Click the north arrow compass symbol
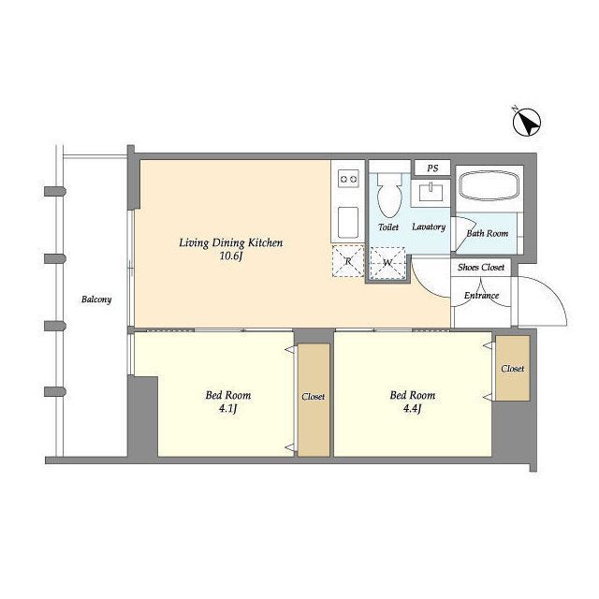[526, 123]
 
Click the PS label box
[432, 168]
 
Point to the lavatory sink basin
[431, 192]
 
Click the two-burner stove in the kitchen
[349, 179]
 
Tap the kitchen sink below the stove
[348, 223]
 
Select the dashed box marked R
[348, 261]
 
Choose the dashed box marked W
[387, 263]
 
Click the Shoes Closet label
[481, 267]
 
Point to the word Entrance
[481, 296]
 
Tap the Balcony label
[96, 299]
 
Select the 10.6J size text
[231, 256]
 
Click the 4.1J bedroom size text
[228, 409]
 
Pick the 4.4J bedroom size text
[412, 409]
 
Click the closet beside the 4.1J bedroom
[314, 400]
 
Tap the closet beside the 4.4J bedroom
[513, 368]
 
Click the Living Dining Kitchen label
[231, 243]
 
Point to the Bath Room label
[488, 233]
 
